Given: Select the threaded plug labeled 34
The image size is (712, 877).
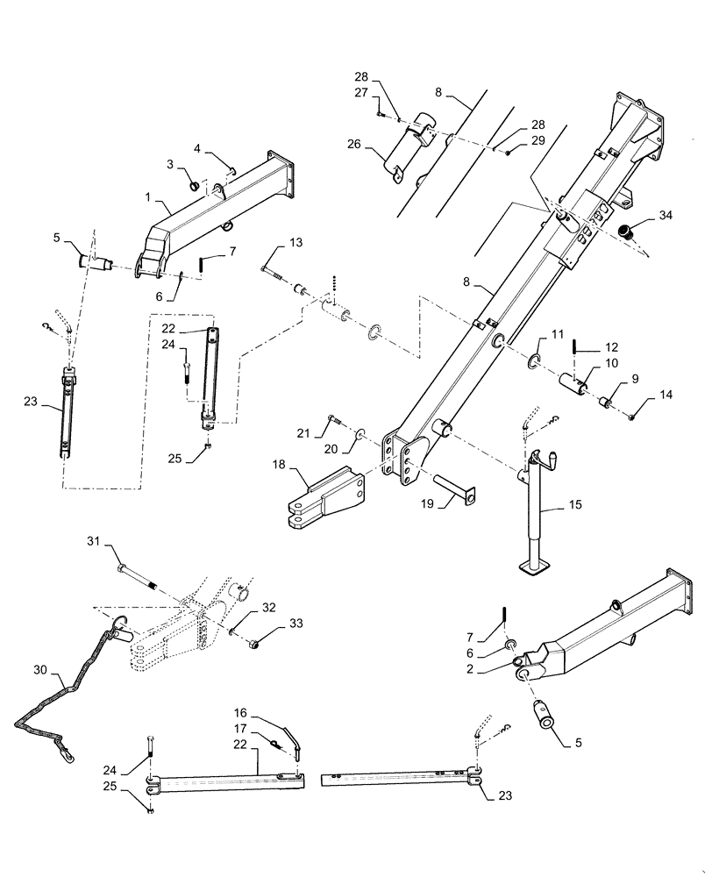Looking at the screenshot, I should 626,232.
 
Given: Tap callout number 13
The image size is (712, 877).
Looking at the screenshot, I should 295,242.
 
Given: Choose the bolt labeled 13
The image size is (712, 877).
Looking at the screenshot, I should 274,262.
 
